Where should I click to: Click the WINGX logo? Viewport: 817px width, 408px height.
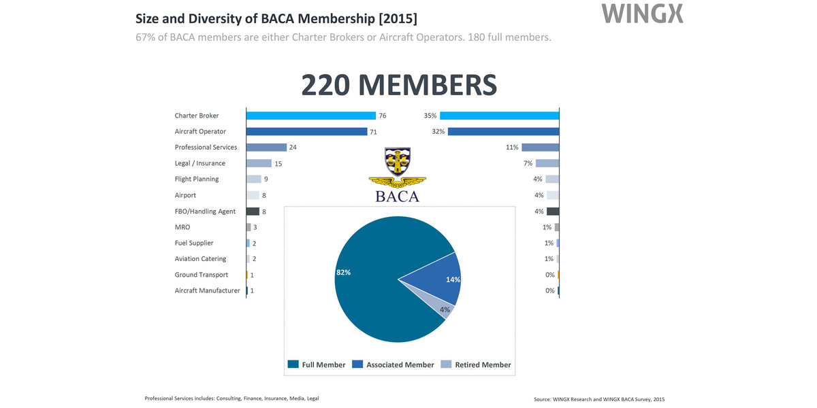643,14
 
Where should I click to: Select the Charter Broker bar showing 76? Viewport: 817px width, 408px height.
311,116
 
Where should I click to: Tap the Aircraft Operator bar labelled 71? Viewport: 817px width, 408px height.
306,131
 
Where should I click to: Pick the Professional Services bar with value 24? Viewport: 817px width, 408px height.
266,148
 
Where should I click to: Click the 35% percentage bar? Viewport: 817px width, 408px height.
500,116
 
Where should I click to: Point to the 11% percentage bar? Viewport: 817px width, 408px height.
540,148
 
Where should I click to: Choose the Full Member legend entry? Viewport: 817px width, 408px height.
317,364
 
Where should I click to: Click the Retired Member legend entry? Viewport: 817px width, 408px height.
476,364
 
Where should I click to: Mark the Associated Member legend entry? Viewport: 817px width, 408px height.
393,364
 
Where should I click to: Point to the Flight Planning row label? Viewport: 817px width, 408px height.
197,180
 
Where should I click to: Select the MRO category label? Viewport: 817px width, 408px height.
182,227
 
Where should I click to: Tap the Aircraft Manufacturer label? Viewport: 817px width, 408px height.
207,291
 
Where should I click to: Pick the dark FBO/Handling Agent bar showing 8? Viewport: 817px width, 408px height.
253,211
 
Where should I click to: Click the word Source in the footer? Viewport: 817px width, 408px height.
545,398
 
